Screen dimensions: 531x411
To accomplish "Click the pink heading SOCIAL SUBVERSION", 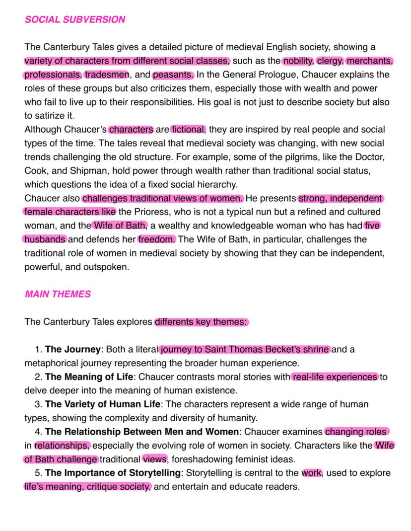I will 74,20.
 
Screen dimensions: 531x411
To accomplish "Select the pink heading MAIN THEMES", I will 58,294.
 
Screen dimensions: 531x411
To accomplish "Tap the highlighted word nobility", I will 298,61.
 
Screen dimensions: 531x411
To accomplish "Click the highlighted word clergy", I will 329,61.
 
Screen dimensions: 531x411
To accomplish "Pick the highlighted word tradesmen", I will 107,75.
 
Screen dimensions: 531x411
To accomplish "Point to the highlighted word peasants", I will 173,75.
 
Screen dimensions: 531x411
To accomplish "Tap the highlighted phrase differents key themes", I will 201,322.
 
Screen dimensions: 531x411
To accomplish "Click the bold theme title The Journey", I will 73,349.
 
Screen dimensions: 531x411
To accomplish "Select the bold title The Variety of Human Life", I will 103,404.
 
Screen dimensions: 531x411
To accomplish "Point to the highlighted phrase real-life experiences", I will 335,377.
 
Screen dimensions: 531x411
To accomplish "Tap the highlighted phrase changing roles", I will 357,431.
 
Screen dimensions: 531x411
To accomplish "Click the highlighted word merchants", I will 370,61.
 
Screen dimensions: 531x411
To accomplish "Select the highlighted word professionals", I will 53,75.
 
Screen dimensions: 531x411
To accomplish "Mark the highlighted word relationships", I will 63,445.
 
